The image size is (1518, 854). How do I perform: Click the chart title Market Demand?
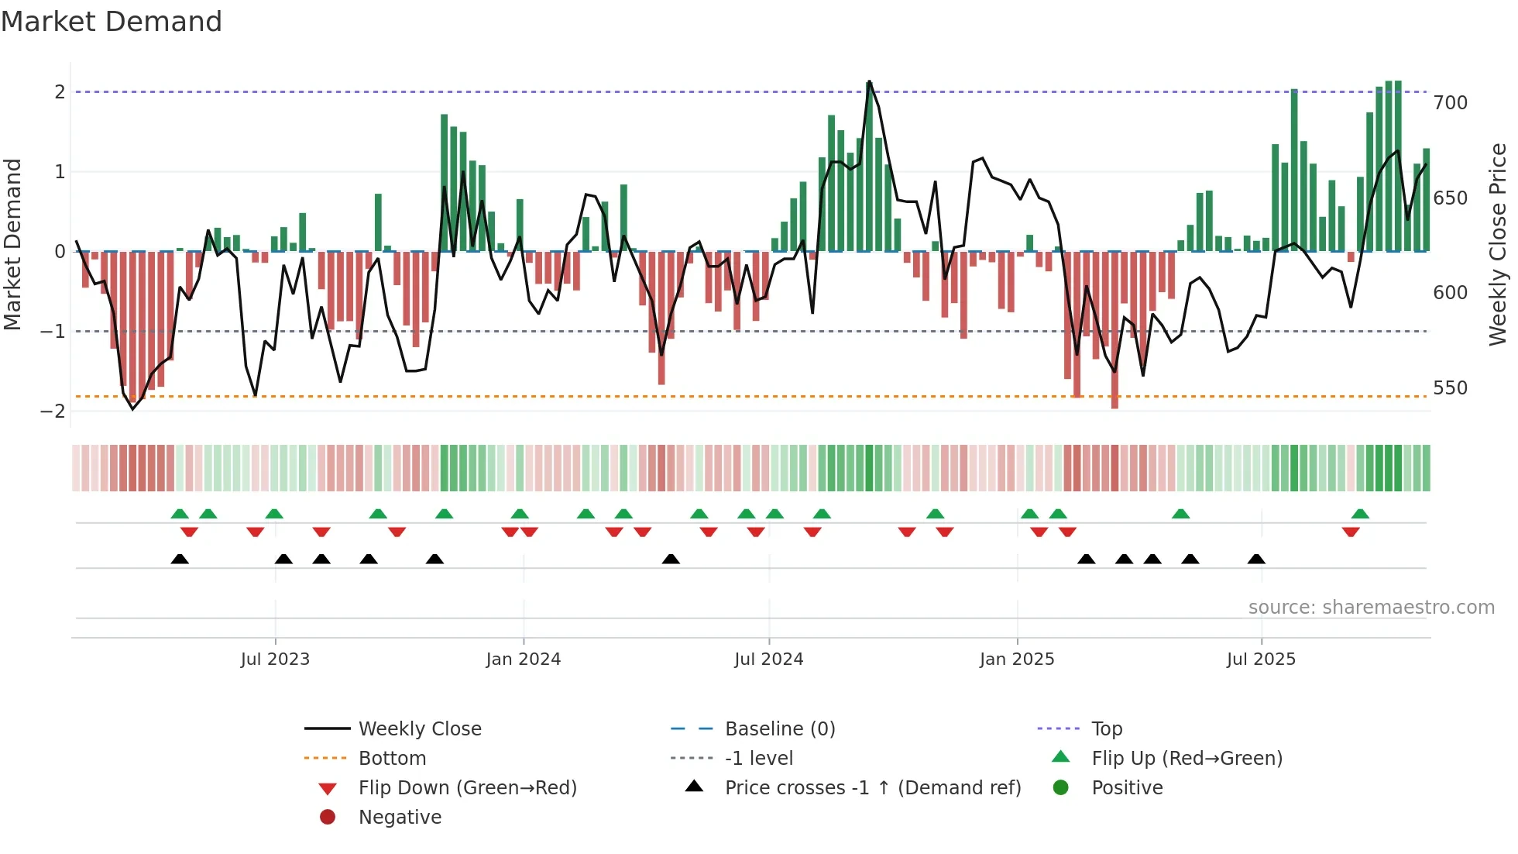point(112,22)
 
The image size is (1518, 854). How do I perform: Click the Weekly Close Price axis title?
point(1498,244)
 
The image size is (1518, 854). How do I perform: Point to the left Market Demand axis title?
point(12,244)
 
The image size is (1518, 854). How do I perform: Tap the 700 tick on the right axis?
point(1450,103)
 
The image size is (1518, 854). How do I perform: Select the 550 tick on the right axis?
point(1450,388)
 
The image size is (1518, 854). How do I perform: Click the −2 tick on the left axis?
point(53,412)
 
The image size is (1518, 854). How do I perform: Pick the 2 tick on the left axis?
point(60,92)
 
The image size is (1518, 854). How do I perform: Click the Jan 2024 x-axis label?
point(523,659)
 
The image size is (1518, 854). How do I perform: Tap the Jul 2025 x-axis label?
point(1260,659)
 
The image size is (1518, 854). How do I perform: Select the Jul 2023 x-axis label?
point(275,659)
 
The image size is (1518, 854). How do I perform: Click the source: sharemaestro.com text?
point(1371,608)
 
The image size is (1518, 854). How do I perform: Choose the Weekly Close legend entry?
point(419,729)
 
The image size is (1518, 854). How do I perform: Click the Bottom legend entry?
point(392,759)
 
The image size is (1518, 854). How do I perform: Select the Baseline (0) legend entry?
point(779,729)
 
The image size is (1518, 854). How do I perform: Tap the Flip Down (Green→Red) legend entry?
point(467,788)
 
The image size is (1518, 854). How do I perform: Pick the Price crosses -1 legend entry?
point(872,788)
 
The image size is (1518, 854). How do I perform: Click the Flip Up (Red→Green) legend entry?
point(1187,759)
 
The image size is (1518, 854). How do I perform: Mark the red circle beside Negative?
point(328,818)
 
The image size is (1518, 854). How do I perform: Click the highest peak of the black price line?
point(869,81)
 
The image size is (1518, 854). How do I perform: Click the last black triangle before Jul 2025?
point(1256,560)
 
